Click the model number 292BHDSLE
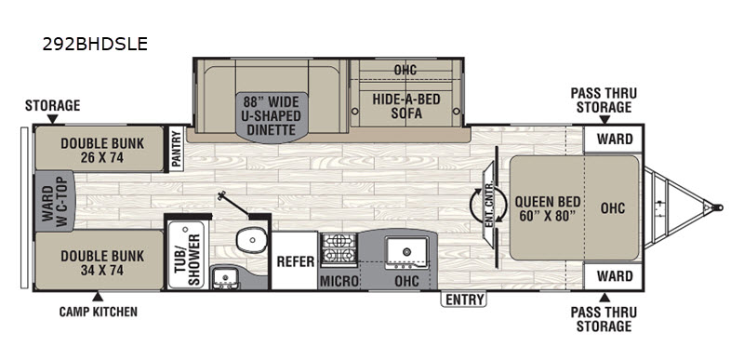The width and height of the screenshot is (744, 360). (x=95, y=44)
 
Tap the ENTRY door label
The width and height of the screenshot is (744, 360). (x=464, y=300)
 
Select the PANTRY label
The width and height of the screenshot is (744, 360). (x=176, y=148)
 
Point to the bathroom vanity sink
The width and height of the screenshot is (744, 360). (x=225, y=277)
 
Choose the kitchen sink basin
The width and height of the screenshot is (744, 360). (x=406, y=250)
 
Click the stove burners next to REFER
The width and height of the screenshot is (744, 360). (x=339, y=249)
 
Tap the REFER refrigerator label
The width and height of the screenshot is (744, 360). (x=296, y=261)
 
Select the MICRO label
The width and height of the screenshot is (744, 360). (x=339, y=281)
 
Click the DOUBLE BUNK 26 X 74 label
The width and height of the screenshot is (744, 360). (x=101, y=151)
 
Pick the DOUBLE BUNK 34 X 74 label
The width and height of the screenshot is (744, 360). (x=101, y=262)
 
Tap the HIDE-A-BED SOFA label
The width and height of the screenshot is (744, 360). (x=406, y=106)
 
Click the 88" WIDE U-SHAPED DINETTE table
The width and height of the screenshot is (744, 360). (x=272, y=116)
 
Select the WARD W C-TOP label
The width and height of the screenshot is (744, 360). (x=55, y=201)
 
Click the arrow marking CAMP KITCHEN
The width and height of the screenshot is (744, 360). (x=98, y=297)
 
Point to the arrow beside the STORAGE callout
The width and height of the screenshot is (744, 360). (x=52, y=118)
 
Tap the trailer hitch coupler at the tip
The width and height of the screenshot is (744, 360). (x=716, y=207)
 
